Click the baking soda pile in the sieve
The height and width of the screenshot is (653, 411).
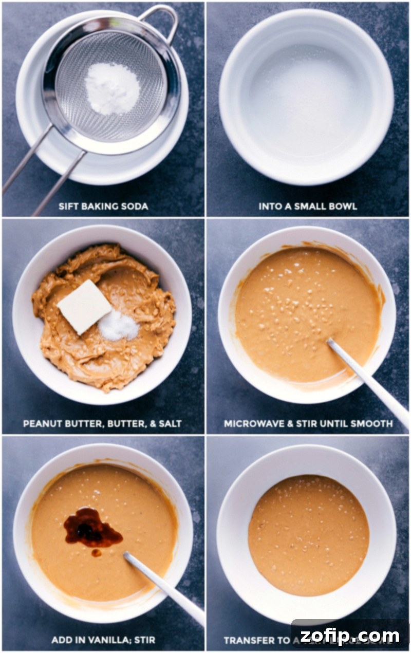click(112, 88)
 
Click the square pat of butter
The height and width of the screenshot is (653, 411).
click(84, 306)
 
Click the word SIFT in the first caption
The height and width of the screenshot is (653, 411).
click(69, 207)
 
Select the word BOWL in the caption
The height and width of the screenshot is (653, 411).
click(343, 207)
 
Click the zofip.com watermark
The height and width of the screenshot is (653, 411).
click(349, 636)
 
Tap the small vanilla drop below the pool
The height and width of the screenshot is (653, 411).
click(96, 553)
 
